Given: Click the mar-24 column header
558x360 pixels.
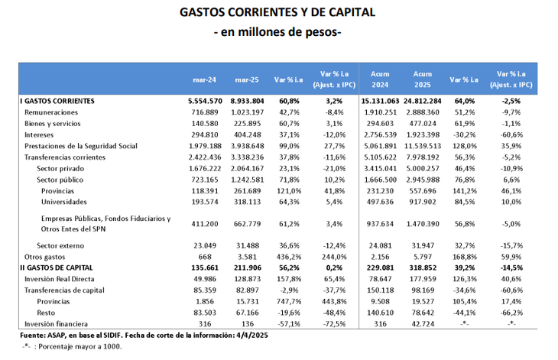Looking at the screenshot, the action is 204,79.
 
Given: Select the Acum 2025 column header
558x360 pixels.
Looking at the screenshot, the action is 422,79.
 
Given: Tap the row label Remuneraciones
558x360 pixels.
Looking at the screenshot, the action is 51,112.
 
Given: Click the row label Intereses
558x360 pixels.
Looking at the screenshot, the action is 39,135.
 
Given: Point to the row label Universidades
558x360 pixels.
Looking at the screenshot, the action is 63,202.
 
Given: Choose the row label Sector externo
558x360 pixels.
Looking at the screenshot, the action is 60,246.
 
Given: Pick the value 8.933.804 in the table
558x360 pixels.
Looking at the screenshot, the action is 247,101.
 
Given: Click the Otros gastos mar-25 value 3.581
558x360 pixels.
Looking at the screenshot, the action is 247,257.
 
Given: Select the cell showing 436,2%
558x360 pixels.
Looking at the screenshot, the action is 289,257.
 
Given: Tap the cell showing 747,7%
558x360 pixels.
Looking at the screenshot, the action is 289,302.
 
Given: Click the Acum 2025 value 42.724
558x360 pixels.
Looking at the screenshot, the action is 422,324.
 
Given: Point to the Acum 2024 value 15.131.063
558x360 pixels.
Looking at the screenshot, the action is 380,101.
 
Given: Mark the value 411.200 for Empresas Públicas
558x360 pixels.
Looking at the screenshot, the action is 204,224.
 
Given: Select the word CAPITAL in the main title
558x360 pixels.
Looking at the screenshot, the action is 352,12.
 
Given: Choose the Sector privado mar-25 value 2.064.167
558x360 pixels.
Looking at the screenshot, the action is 247,169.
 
